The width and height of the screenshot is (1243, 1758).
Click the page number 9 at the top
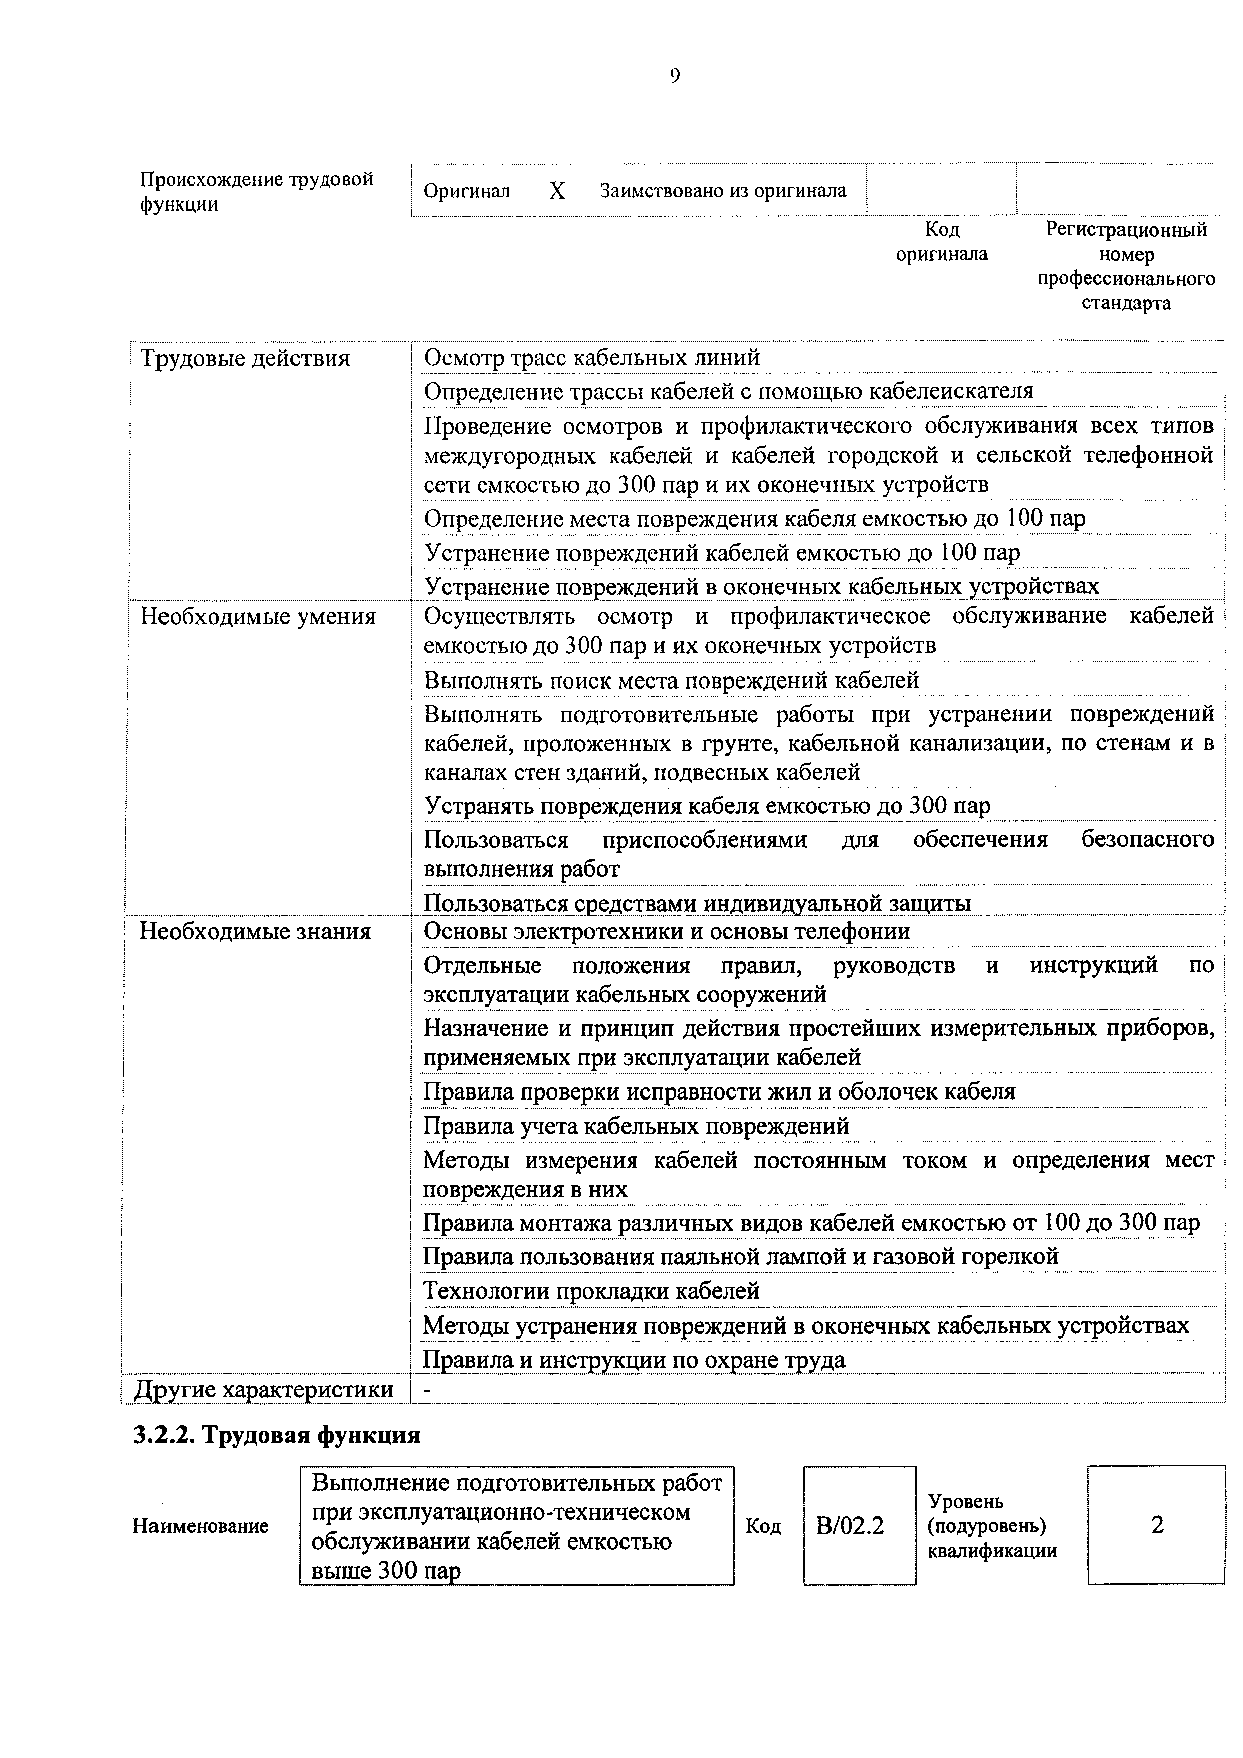[674, 75]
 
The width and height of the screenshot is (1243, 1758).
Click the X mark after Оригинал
[557, 190]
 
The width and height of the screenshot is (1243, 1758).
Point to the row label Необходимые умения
[258, 617]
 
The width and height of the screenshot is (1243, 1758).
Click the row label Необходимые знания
[255, 932]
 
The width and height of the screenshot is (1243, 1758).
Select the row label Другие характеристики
[264, 1389]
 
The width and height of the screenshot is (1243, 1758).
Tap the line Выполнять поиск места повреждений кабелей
[671, 680]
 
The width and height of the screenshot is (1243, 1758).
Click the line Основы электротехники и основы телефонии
[666, 931]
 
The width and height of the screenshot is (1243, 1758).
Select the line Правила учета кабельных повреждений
[636, 1126]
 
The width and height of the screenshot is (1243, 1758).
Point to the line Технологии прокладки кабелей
[591, 1291]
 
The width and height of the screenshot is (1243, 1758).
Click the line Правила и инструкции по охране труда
[634, 1360]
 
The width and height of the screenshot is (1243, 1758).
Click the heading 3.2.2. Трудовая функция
[277, 1435]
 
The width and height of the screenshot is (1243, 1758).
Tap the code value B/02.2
[850, 1526]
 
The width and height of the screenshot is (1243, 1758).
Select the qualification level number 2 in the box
[1157, 1525]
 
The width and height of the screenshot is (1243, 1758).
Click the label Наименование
[200, 1526]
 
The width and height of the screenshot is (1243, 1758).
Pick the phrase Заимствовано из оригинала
[723, 190]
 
